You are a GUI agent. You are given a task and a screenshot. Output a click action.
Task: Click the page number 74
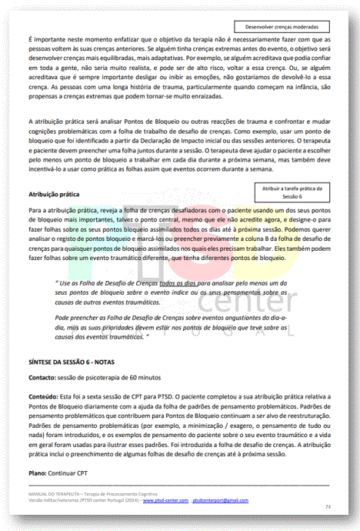coord(328,506)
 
